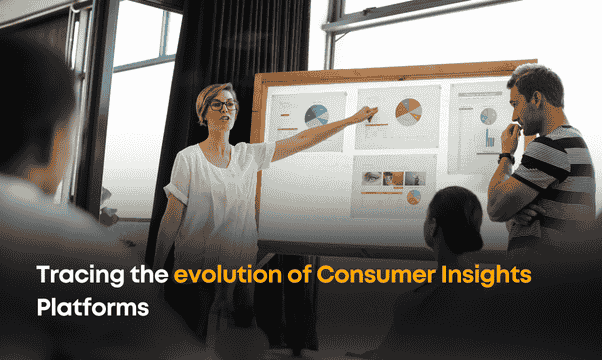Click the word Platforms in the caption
(92, 307)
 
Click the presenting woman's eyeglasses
(221, 104)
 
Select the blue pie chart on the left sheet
(316, 115)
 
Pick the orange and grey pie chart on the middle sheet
(407, 110)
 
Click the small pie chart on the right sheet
(488, 115)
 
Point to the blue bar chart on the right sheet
(491, 140)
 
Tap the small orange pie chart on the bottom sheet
(413, 196)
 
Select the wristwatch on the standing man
(506, 157)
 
